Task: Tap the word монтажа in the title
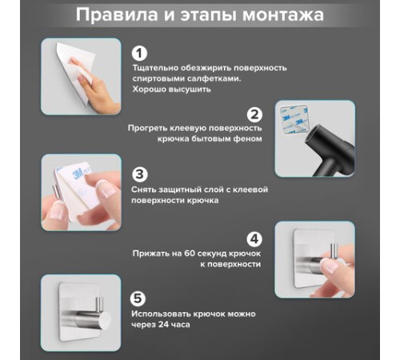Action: click(x=283, y=15)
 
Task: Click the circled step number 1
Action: click(x=139, y=53)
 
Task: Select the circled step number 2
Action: click(x=254, y=114)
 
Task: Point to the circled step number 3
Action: click(x=139, y=174)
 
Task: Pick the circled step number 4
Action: click(x=254, y=238)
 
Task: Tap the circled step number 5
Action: click(x=138, y=298)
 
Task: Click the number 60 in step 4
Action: click(x=189, y=254)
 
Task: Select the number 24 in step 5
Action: click(x=163, y=325)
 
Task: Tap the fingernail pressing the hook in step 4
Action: click(x=330, y=266)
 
